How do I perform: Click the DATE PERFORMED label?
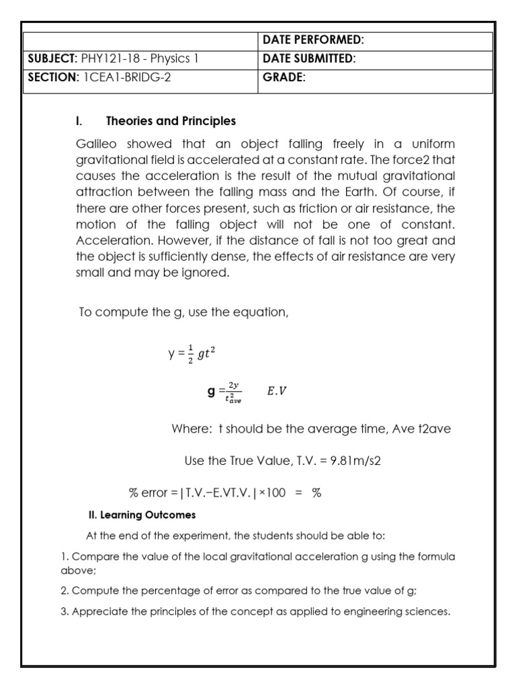click(x=313, y=41)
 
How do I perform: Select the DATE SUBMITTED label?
click(x=309, y=59)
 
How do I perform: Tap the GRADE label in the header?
click(x=284, y=77)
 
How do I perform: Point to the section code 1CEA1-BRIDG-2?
click(x=127, y=77)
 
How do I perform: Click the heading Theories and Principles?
click(x=171, y=122)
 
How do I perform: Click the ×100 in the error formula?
click(x=272, y=492)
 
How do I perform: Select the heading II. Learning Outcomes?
click(x=142, y=515)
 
